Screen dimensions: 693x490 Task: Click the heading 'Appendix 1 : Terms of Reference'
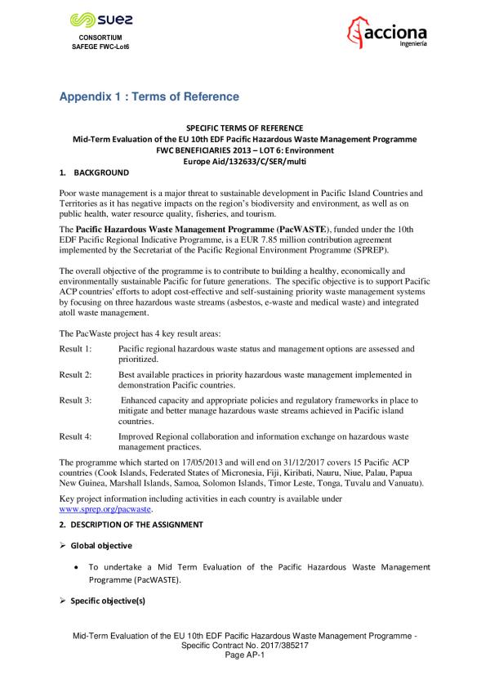coord(149,97)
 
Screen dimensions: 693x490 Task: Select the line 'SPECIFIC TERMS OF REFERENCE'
coord(244,129)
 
